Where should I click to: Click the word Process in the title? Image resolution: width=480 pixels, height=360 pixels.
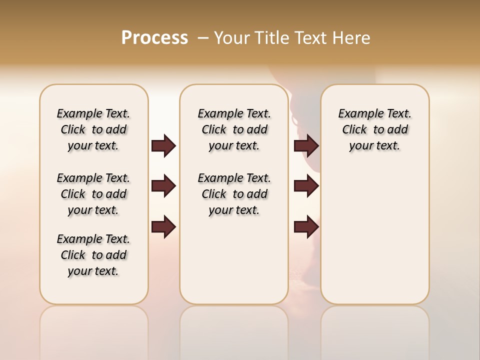tap(154, 38)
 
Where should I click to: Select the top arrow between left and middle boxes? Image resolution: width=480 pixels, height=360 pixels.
tap(163, 145)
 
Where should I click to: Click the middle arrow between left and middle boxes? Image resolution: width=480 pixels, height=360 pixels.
tap(163, 186)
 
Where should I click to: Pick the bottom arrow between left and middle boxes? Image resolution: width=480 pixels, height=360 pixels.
tap(163, 226)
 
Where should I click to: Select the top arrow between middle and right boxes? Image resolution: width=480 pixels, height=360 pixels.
tap(306, 145)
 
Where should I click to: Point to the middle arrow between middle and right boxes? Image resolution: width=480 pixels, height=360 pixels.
tap(306, 186)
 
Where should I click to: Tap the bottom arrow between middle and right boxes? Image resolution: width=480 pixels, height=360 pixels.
tap(306, 226)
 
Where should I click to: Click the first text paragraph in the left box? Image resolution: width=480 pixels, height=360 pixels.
tap(93, 129)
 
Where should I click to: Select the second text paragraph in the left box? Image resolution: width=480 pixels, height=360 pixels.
tap(93, 194)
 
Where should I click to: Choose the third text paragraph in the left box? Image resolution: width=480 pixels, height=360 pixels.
tap(93, 255)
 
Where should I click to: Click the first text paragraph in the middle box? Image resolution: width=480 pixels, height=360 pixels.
tap(234, 129)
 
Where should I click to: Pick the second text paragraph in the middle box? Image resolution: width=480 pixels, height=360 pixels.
tap(234, 194)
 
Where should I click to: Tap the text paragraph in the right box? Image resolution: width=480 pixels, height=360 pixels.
tap(375, 129)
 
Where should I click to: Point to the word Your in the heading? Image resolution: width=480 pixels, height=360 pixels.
tap(231, 38)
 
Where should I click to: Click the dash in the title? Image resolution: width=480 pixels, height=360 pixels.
tap(203, 38)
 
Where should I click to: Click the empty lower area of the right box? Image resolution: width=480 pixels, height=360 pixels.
tap(375, 235)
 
